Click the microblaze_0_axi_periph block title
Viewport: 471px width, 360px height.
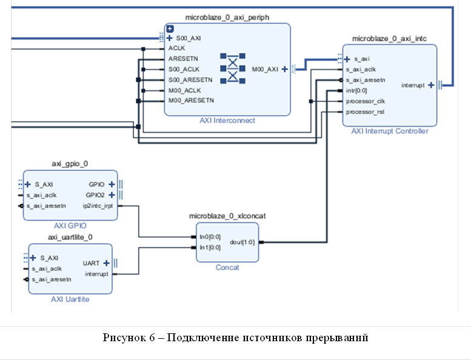click(x=227, y=18)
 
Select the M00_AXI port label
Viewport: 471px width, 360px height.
click(x=265, y=69)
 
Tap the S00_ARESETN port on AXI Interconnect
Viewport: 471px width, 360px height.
click(x=190, y=79)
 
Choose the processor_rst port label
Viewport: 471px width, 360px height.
click(x=365, y=112)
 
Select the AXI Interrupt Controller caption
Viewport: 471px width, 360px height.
click(x=390, y=131)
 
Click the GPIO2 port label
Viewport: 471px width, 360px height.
click(x=96, y=195)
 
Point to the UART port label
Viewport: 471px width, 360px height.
click(x=91, y=264)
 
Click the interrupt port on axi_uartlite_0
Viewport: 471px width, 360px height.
click(x=96, y=274)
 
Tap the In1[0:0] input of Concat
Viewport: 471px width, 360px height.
click(x=209, y=247)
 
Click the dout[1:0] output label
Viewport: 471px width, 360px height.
click(x=242, y=242)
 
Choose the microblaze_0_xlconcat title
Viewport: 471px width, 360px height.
click(x=227, y=216)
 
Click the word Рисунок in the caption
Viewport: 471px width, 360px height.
click(x=122, y=338)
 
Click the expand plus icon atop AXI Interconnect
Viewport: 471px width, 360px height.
click(x=170, y=28)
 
